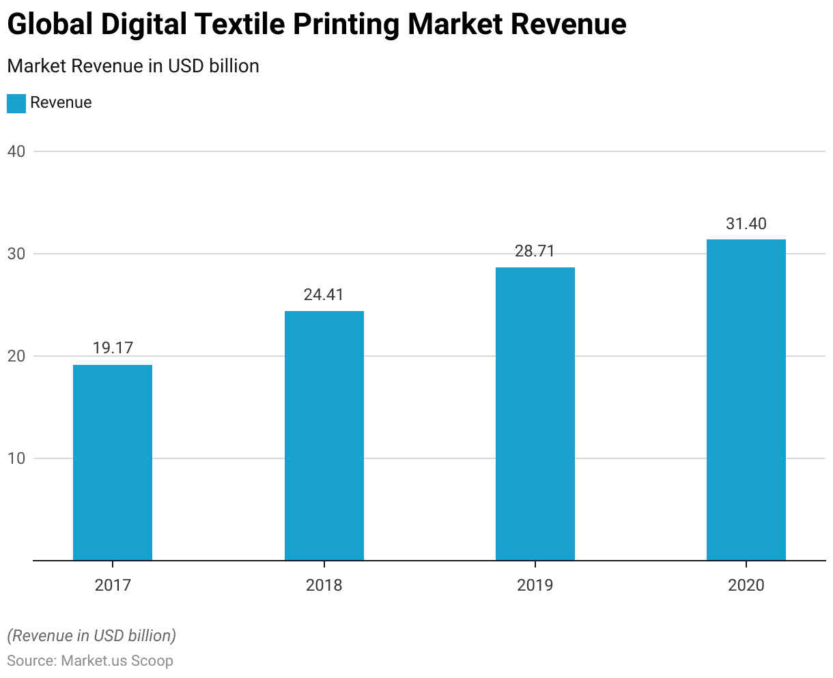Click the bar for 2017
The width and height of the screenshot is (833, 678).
pos(113,462)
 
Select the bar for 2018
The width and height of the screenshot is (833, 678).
pos(324,435)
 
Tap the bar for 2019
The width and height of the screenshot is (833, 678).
pos(535,413)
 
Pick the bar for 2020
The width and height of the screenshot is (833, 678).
pos(746,400)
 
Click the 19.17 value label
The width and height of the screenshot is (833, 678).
pos(113,348)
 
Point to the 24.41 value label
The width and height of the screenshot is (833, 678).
pos(324,295)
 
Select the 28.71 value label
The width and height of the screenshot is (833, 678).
pos(535,251)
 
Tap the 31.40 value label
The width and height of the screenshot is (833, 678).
pos(746,224)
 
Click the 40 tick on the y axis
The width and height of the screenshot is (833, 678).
pos(16,151)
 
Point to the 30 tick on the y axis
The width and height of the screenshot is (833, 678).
pos(16,254)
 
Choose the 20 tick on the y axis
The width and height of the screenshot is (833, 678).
pos(16,356)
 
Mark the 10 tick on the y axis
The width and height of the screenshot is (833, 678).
pos(16,458)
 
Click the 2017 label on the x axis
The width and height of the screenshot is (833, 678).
pos(113,585)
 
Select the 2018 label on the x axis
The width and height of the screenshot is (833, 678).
pos(324,585)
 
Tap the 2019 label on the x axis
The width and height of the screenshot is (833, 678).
pos(535,585)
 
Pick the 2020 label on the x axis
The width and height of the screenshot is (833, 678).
pos(746,585)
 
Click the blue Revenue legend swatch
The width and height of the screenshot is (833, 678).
pos(16,103)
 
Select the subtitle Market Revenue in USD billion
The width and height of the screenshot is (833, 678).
pos(133,66)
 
